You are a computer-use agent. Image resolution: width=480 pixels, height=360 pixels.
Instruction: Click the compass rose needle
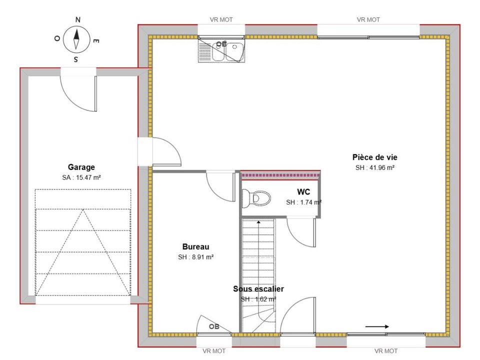click(76, 39)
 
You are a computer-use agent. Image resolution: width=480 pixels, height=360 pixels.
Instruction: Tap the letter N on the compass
click(78, 20)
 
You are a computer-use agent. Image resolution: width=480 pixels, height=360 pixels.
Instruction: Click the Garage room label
click(81, 167)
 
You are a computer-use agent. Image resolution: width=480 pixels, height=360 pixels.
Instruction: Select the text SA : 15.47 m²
click(81, 177)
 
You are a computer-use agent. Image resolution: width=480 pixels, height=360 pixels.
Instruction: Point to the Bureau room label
click(195, 246)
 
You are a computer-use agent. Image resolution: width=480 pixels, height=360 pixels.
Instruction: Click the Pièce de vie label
click(374, 157)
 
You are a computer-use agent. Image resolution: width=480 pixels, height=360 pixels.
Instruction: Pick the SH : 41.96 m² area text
click(374, 168)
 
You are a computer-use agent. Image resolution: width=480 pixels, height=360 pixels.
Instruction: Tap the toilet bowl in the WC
click(256, 198)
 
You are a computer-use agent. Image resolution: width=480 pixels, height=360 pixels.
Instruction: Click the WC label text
click(303, 192)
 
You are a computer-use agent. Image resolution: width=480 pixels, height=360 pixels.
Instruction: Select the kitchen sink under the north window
click(221, 50)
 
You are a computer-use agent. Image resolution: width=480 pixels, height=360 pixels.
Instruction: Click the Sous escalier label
click(258, 288)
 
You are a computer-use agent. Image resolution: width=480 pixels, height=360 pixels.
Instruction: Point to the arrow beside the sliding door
click(377, 326)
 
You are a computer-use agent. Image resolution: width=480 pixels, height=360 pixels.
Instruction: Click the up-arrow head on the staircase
click(258, 222)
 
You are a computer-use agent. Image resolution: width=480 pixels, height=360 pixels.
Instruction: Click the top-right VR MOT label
click(368, 19)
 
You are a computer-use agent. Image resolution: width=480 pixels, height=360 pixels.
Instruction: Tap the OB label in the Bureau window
click(214, 326)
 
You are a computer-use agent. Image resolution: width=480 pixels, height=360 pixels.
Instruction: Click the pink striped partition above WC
click(280, 175)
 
